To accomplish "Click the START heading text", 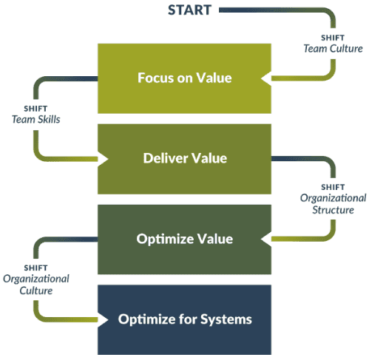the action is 189,10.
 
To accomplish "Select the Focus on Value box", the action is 184,78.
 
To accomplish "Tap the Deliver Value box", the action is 184,159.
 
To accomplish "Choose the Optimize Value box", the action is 184,240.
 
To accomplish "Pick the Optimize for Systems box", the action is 184,319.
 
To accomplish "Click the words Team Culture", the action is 333,49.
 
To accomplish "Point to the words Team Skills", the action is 36,120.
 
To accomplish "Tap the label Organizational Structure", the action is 333,204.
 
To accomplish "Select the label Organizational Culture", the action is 36,285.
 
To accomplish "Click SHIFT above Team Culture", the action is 333,38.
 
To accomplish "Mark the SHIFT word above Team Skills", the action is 35,109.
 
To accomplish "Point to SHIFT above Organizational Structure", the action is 333,187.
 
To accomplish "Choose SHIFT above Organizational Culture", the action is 35,268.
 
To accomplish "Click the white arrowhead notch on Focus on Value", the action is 266,78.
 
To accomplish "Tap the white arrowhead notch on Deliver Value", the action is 103,159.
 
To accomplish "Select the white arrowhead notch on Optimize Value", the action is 266,239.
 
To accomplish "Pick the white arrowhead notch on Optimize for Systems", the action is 103,319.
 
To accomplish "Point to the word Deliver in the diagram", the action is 166,158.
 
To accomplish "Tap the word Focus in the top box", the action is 153,78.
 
